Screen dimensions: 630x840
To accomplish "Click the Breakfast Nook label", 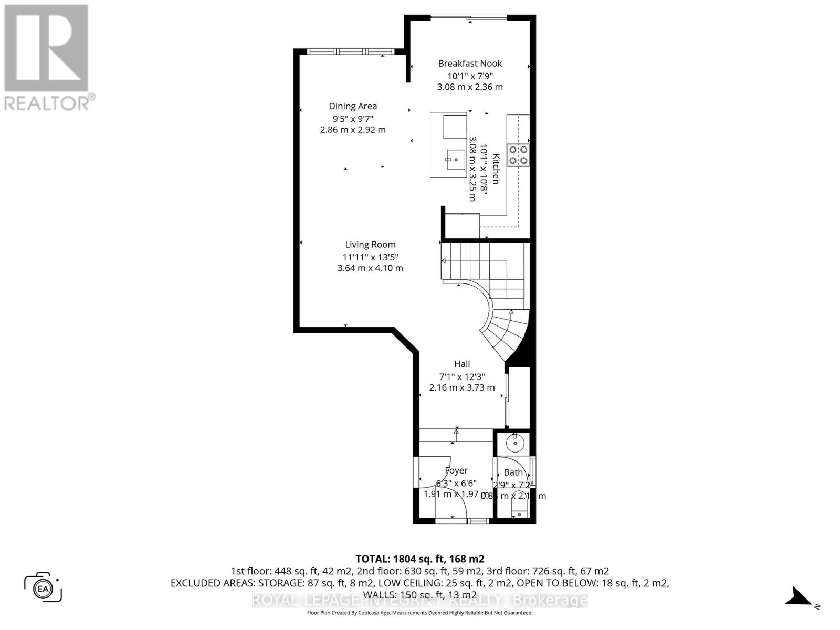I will [470, 64].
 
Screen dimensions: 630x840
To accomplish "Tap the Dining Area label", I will [353, 106].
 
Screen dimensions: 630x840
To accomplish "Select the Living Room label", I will [370, 245].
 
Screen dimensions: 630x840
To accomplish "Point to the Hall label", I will [462, 364].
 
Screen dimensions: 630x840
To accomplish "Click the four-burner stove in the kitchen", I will [519, 155].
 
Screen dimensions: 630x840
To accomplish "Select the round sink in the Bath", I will [515, 444].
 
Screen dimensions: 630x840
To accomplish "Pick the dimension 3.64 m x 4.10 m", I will [370, 268].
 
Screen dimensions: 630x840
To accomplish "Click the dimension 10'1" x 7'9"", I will [470, 76].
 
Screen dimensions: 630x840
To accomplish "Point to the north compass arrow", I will [800, 597].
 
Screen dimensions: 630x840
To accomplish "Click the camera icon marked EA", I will [43, 587].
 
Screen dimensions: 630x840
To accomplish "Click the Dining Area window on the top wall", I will [346, 51].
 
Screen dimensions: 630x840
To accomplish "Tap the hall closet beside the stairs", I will [519, 397].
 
